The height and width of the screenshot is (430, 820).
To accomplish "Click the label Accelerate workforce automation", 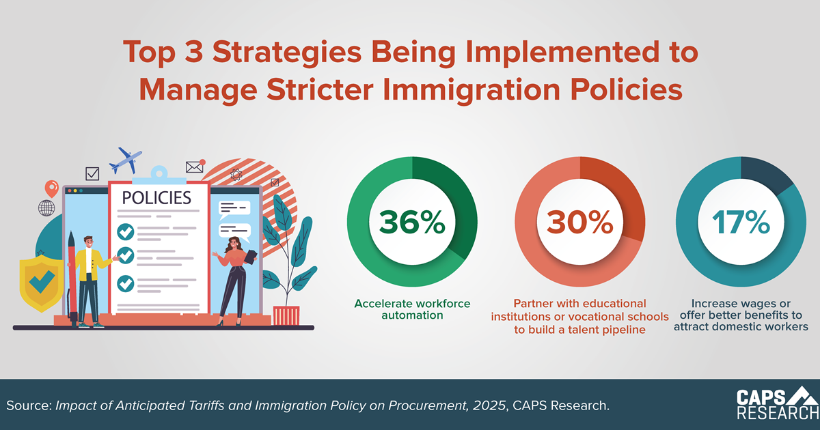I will [412, 309].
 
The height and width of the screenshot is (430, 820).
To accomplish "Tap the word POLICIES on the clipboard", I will [156, 198].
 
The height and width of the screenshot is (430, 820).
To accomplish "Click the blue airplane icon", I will [128, 160].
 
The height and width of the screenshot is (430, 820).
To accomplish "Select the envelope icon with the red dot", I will [195, 166].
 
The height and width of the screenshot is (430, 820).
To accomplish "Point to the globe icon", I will [47, 207].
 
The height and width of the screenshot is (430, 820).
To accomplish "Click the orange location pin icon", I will [50, 188].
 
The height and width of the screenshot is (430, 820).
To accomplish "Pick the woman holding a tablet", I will [234, 280].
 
